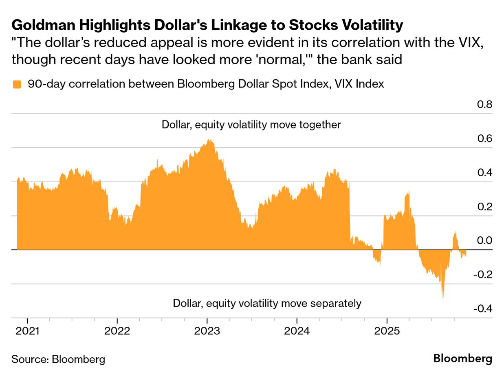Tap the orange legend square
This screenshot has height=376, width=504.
click(x=17, y=85)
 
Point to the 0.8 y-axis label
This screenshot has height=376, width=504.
click(x=484, y=105)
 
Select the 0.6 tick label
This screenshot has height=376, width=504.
click(x=484, y=139)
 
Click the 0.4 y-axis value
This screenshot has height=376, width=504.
click(x=484, y=173)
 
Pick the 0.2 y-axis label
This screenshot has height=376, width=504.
click(x=484, y=207)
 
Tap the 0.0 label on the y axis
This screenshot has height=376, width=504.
click(x=484, y=241)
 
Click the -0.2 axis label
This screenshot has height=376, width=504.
click(x=483, y=275)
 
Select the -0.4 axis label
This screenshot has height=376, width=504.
click(x=483, y=309)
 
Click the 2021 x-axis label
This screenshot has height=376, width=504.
click(x=28, y=331)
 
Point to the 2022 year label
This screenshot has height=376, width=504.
click(x=117, y=331)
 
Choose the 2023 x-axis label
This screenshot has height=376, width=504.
click(x=207, y=331)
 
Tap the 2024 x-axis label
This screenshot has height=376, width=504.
click(x=297, y=331)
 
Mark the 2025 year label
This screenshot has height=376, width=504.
click(x=387, y=331)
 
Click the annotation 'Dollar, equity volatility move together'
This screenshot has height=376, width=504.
click(x=251, y=125)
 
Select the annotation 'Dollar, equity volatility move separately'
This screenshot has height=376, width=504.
click(x=267, y=303)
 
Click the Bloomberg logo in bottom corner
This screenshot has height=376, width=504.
click(x=462, y=359)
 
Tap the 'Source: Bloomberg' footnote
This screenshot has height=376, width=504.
click(x=58, y=359)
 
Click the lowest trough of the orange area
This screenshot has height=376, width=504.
click(x=443, y=298)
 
